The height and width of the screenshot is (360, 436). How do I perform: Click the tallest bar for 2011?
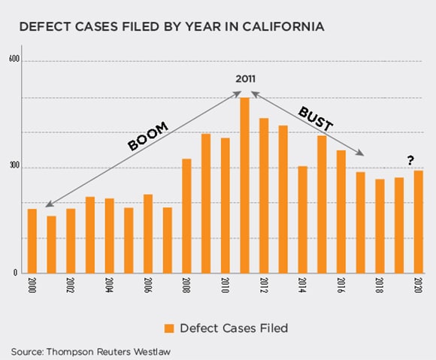pos(244,186)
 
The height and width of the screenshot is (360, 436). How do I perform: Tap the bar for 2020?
pos(418,222)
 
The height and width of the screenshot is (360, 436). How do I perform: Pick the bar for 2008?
pos(186,216)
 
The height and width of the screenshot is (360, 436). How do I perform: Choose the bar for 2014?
pos(302,219)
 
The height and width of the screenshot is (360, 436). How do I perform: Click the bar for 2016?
pos(341,212)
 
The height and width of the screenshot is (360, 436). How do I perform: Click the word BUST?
pos(315,118)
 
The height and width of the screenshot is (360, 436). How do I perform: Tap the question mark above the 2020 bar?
pos(410,160)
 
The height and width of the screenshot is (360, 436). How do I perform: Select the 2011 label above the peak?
pos(246,79)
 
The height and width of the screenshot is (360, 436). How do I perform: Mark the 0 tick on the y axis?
pos(15,273)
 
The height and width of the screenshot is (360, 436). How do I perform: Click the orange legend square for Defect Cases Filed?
pos(168,328)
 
